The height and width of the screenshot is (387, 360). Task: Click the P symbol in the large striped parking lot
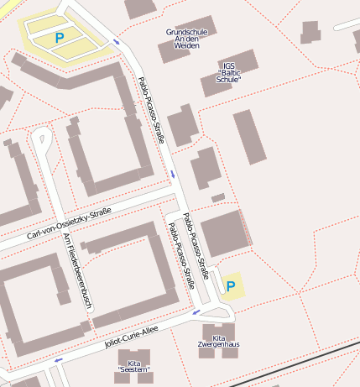click(x=59, y=38)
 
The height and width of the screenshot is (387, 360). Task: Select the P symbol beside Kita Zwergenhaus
click(x=231, y=288)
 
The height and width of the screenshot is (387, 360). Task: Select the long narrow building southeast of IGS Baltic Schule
click(x=249, y=137)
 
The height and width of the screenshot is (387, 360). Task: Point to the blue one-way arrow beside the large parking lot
click(x=116, y=41)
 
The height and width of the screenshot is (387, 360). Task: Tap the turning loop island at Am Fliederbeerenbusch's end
click(x=39, y=136)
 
